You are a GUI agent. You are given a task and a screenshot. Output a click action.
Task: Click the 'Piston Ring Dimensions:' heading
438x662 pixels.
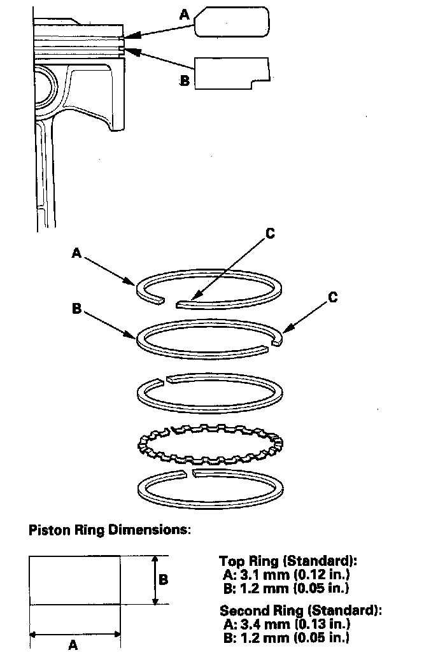109,530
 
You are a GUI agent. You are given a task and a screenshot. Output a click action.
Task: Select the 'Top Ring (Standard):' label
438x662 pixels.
288,561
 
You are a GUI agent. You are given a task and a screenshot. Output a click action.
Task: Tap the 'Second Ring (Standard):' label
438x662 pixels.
300,610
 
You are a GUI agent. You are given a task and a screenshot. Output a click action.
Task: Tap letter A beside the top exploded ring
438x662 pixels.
76,253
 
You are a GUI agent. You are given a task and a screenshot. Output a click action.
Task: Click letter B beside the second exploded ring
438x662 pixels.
77,308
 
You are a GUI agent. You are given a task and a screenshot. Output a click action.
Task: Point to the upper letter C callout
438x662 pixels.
270,234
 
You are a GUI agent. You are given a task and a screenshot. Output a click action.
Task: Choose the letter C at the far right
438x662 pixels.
333,297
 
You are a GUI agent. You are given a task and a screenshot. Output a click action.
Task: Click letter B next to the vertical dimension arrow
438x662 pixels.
163,580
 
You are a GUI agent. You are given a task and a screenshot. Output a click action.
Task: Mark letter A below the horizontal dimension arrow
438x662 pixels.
73,645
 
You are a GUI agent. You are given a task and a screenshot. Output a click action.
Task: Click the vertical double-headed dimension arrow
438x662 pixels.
155,580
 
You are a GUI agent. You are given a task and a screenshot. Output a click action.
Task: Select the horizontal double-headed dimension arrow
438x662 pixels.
75,633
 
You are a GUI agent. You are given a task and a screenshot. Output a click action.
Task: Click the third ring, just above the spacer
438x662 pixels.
211,390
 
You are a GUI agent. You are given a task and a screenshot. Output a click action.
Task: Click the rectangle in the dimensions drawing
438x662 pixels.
74,580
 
